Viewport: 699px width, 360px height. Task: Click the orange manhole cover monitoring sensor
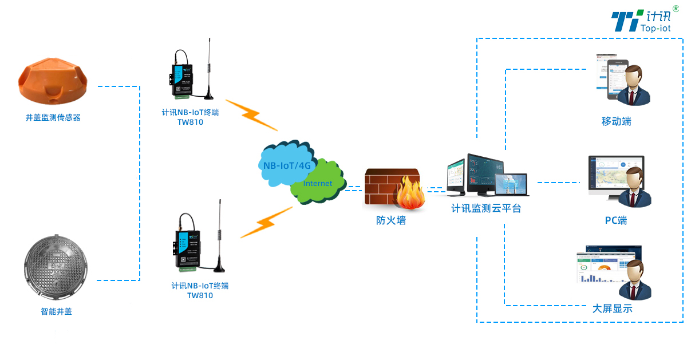click(x=53, y=81)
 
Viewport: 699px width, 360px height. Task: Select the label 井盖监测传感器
click(x=53, y=118)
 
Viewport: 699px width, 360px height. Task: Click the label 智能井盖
click(x=56, y=312)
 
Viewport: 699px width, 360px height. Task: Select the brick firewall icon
click(x=392, y=187)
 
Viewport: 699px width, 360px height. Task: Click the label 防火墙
click(x=391, y=220)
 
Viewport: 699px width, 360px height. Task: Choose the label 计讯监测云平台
click(x=486, y=209)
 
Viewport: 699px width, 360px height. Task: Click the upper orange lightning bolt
click(x=251, y=114)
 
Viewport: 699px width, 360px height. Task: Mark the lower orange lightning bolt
click(x=266, y=223)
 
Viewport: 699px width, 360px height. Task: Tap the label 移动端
click(x=617, y=121)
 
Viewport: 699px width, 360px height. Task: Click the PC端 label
click(x=616, y=220)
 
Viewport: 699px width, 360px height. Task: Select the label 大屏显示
click(x=613, y=308)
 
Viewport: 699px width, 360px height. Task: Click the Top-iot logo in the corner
click(x=644, y=21)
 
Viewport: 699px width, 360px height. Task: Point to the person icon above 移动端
click(x=635, y=85)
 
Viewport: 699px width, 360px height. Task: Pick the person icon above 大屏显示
click(x=635, y=280)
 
